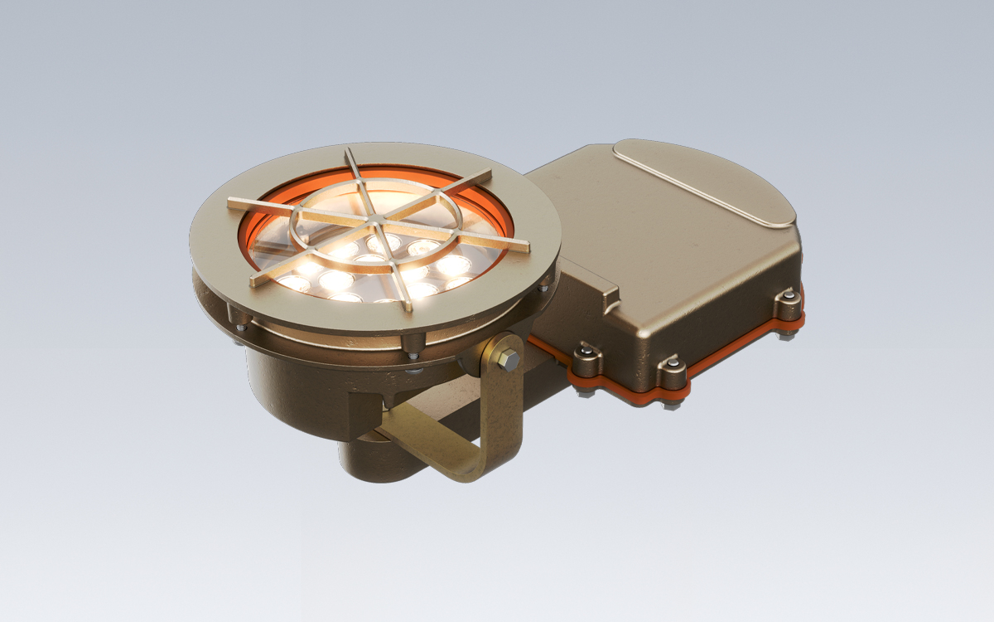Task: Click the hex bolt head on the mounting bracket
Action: (x=509, y=360)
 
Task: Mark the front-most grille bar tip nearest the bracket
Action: (x=406, y=308)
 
